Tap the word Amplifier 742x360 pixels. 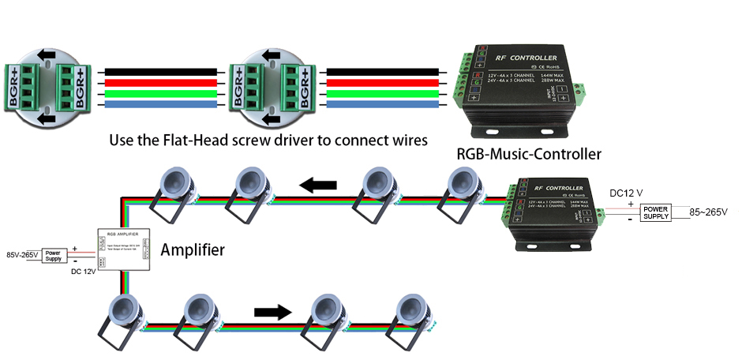[193, 250]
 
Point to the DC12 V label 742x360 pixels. [627, 193]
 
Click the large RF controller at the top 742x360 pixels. [523, 87]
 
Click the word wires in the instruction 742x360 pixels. [407, 140]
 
